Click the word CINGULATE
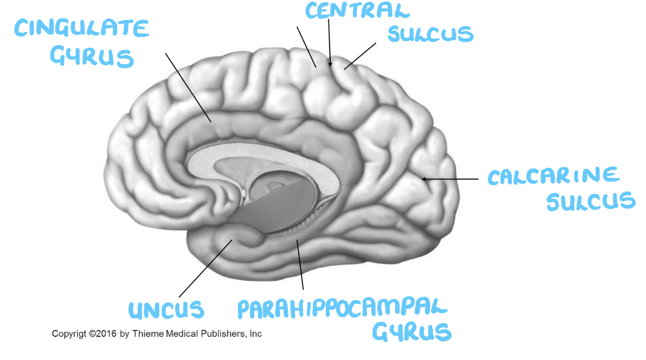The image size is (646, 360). click(82, 29)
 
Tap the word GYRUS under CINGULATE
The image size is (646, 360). click(92, 57)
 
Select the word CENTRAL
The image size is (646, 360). click(357, 10)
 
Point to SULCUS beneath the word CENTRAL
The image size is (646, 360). click(430, 34)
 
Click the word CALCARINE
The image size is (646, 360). click(554, 176)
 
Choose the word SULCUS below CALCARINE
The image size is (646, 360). click(591, 202)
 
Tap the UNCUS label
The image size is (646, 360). click(166, 310)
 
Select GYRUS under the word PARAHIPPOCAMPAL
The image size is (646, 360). click(412, 332)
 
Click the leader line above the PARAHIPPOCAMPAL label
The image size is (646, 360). click(300, 266)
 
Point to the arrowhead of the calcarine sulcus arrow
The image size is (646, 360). click(424, 179)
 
